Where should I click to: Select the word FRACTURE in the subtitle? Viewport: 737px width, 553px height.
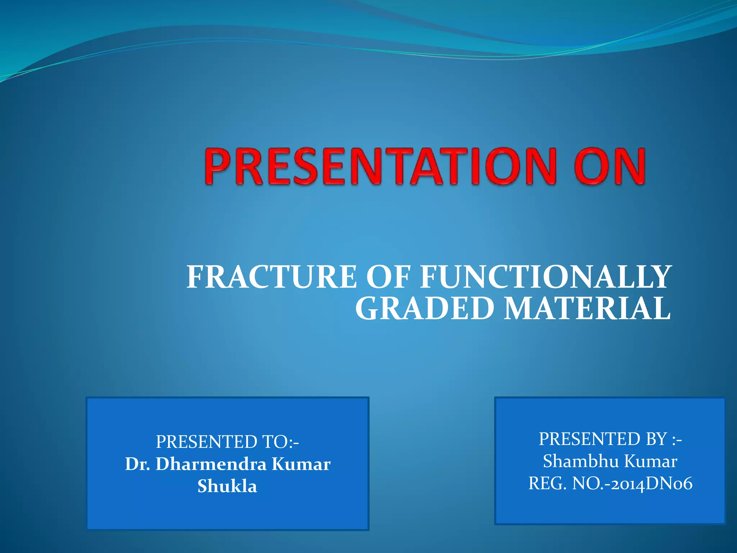click(x=272, y=277)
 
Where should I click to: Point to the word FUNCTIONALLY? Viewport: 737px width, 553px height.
click(x=545, y=277)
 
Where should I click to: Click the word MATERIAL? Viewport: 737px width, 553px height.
click(x=587, y=309)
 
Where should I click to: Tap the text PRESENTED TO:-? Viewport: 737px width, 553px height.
click(x=227, y=442)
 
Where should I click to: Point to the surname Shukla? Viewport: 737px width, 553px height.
click(x=227, y=486)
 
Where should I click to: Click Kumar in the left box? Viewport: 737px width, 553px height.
click(x=301, y=464)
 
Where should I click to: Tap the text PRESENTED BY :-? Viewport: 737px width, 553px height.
click(x=610, y=439)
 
